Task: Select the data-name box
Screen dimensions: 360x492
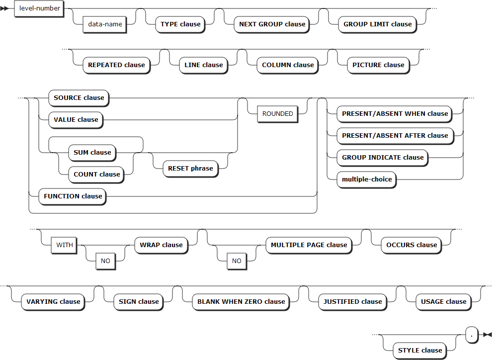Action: pos(104,24)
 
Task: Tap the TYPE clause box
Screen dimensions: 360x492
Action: pos(180,24)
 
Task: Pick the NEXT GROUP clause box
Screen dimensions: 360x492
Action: pos(272,24)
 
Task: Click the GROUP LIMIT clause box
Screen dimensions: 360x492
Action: pos(378,24)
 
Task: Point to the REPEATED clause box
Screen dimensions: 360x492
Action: pos(116,65)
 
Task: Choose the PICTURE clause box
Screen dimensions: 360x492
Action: pos(378,65)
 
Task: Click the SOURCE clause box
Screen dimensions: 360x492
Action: pos(79,97)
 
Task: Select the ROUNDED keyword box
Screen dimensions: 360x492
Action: pos(278,113)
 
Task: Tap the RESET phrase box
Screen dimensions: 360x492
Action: pos(190,168)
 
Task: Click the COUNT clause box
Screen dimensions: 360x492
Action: pos(97,174)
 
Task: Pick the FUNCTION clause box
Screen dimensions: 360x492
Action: pos(73,196)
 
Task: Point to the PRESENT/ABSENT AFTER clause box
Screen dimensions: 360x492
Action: pos(395,135)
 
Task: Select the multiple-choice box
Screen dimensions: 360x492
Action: pos(367,179)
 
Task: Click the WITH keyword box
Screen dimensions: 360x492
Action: pos(65,245)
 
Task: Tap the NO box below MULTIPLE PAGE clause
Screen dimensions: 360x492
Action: pos(237,261)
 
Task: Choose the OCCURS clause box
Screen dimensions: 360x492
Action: pos(411,245)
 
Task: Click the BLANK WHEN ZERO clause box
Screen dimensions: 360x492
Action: pos(241,301)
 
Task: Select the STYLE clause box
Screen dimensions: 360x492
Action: pos(420,350)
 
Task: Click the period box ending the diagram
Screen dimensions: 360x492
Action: pos(472,334)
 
